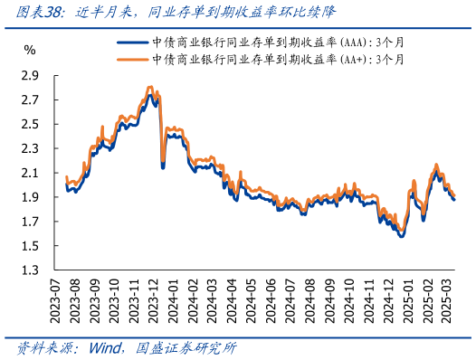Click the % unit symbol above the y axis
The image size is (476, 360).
30,50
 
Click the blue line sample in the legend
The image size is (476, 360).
133,42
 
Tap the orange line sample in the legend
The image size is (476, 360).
133,59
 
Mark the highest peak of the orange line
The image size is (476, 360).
149,87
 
